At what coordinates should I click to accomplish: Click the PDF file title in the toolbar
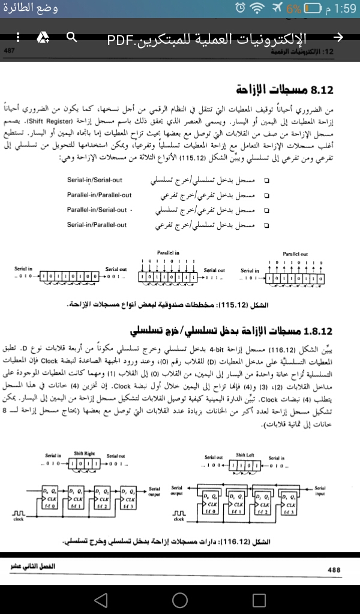pos(206,40)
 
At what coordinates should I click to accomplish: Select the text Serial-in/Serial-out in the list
pos(97,163)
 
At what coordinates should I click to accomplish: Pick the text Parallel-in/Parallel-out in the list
pos(99,195)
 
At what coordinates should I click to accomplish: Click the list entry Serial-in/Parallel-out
pos(97,225)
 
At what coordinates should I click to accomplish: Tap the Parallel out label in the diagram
pos(295,254)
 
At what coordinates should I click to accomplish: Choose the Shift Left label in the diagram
pos(245,454)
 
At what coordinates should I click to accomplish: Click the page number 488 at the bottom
pos(334,570)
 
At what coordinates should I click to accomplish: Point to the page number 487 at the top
pos(10,52)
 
